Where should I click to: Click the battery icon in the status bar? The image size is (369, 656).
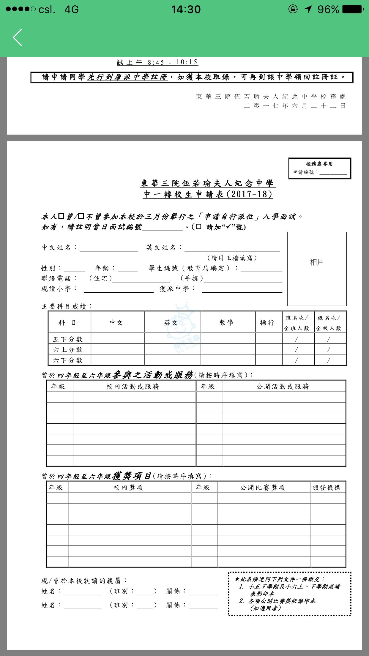tap(353, 9)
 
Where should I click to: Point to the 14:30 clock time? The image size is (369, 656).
tap(186, 10)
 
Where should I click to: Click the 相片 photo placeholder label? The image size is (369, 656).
tap(316, 262)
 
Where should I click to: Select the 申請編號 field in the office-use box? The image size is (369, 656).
tap(333, 172)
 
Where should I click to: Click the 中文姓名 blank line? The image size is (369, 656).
tap(108, 248)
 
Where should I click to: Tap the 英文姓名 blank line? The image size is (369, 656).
tap(232, 248)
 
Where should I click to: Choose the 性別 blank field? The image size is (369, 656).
tap(74, 269)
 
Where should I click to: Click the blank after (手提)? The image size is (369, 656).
tap(243, 279)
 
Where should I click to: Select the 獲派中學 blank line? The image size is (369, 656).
tap(242, 289)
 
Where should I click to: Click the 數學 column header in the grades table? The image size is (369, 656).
tap(226, 323)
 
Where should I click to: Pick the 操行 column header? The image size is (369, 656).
tap(267, 323)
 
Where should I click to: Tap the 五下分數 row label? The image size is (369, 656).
tap(68, 339)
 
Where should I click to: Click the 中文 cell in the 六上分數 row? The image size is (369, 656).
tap(118, 349)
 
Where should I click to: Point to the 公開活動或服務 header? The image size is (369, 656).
tap(283, 387)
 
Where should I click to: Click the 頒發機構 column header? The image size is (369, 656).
tap(327, 488)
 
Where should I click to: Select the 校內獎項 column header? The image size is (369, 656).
tap(128, 488)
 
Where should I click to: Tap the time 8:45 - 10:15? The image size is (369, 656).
tap(173, 62)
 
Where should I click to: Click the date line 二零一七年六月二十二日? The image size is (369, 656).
tap(295, 106)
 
